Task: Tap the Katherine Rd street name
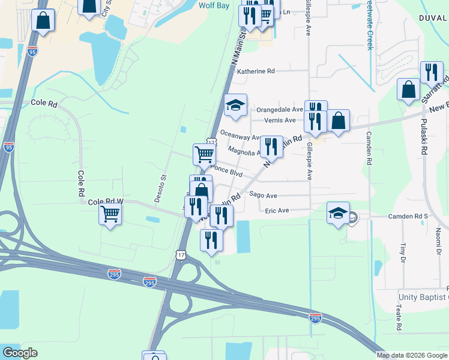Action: point(256,71)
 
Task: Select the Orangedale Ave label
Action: point(280,110)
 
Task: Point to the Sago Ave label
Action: point(263,196)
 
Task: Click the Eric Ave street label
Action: point(277,211)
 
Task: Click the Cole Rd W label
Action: point(105,203)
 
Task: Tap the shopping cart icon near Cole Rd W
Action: point(110,213)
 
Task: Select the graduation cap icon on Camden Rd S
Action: point(338,212)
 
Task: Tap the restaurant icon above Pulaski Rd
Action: point(432,72)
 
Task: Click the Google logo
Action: point(20,353)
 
